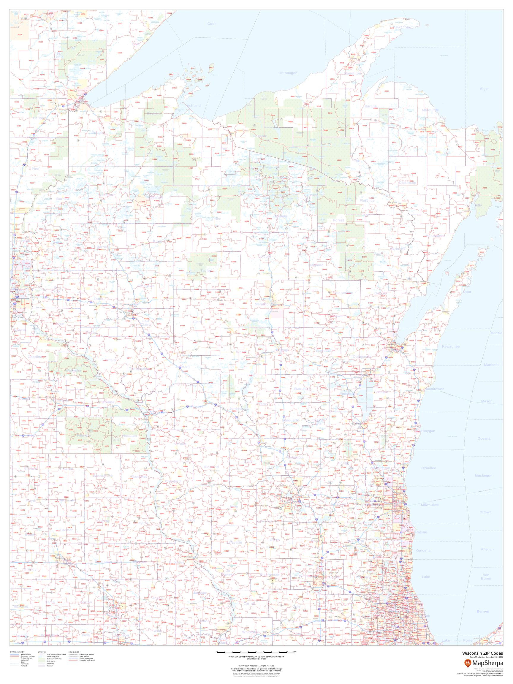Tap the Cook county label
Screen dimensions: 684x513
pos(212,24)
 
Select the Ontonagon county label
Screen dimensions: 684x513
pos(288,73)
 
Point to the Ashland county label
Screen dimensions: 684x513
pos(194,106)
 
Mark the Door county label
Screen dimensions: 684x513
pos(467,292)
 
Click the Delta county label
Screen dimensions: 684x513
pos(478,205)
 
